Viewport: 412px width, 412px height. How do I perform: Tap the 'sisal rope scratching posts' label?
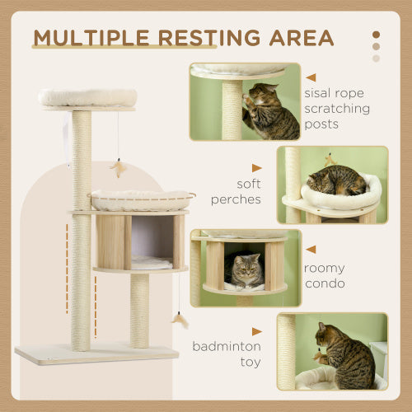(338, 108)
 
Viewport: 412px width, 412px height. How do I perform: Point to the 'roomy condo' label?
(324, 275)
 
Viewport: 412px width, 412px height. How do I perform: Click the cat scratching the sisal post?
(269, 113)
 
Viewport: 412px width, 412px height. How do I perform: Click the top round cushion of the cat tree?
(87, 97)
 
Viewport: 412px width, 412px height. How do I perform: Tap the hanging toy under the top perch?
(117, 169)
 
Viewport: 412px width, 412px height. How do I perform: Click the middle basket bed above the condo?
(141, 199)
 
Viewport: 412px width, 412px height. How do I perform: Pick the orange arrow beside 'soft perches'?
(256, 168)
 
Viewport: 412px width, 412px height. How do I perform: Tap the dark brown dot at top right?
(377, 35)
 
